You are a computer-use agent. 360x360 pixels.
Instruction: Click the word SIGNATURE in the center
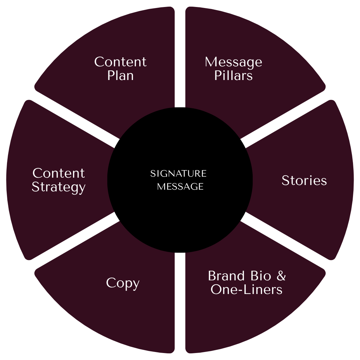pyautogui.click(x=178, y=174)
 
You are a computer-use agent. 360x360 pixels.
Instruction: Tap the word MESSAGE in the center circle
pyautogui.click(x=180, y=187)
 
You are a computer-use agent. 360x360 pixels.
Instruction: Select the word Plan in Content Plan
pyautogui.click(x=120, y=76)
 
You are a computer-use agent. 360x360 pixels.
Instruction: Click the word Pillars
pyautogui.click(x=233, y=76)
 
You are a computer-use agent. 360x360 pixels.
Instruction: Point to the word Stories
pyautogui.click(x=304, y=180)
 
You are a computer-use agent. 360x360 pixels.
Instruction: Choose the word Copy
pyautogui.click(x=123, y=283)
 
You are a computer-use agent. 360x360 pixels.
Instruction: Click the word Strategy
pyautogui.click(x=59, y=187)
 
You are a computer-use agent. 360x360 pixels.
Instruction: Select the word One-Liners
pyautogui.click(x=246, y=289)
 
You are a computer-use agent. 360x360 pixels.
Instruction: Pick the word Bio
pyautogui.click(x=261, y=276)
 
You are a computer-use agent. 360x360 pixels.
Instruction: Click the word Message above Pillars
pyautogui.click(x=233, y=62)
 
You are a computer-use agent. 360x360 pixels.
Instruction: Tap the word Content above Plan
pyautogui.click(x=120, y=62)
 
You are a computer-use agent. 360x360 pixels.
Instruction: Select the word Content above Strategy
pyautogui.click(x=59, y=173)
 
